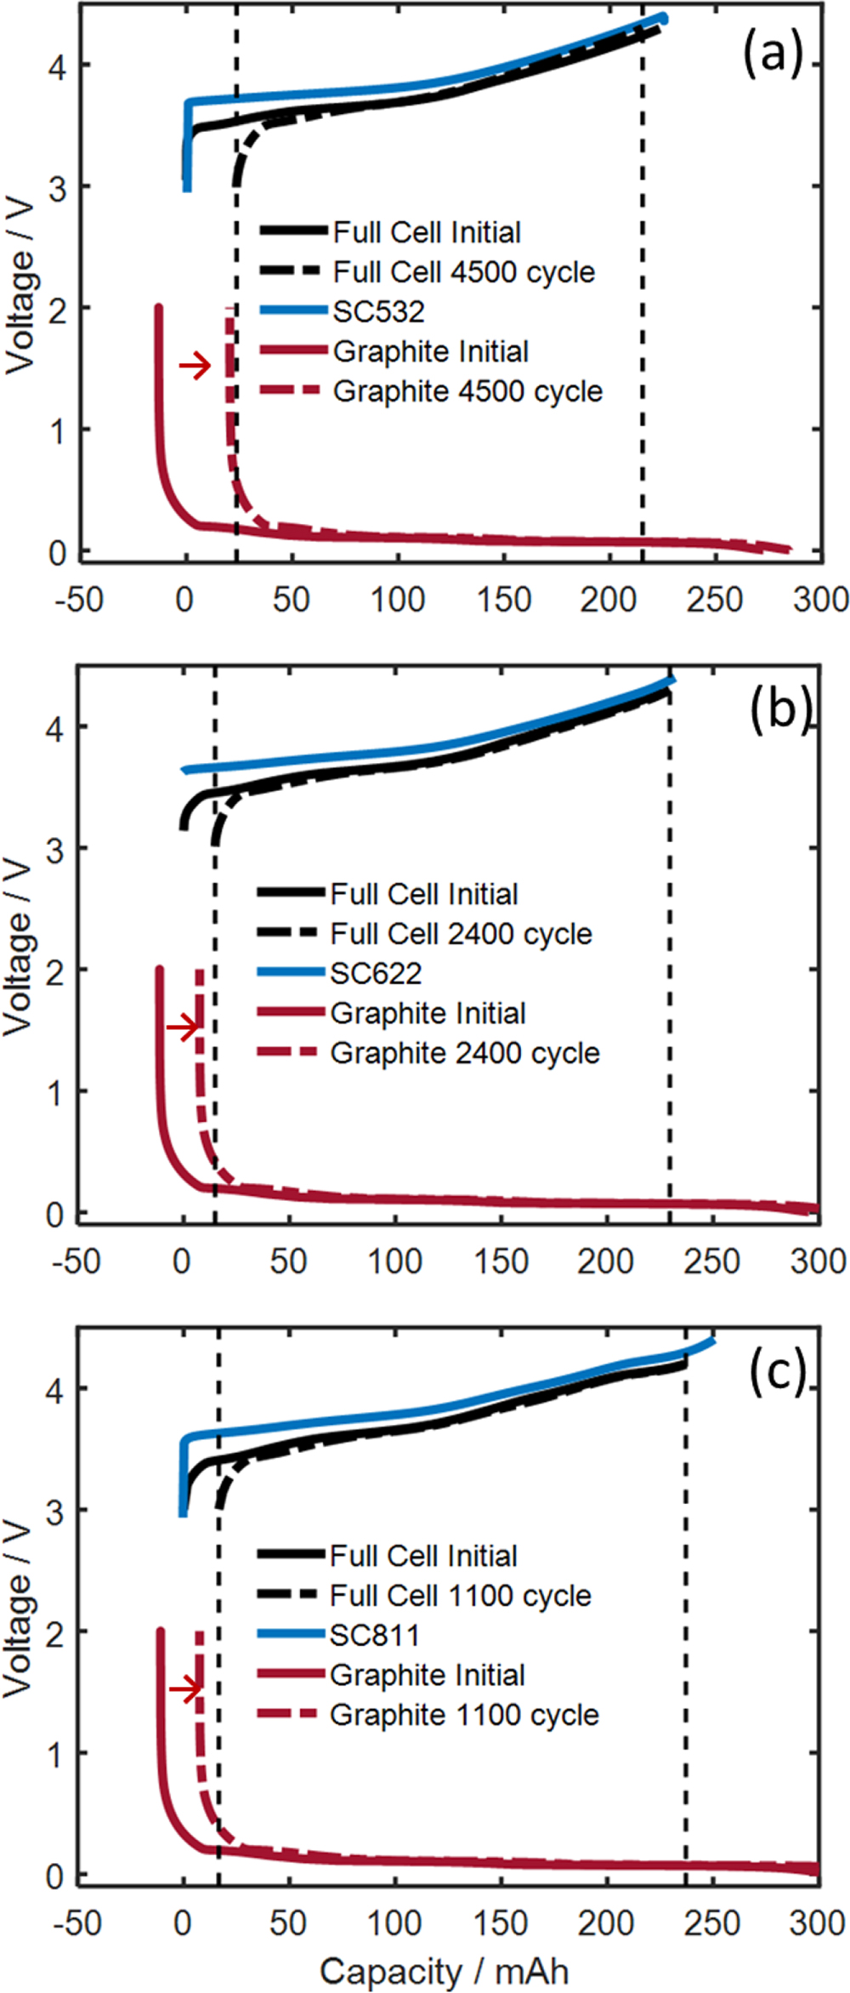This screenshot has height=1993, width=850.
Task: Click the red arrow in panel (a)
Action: pyautogui.click(x=195, y=366)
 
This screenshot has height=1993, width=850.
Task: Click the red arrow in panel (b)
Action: pyautogui.click(x=183, y=1028)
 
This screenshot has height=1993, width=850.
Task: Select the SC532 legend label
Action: pyautogui.click(x=378, y=311)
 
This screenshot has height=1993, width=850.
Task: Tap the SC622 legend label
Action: pyautogui.click(x=376, y=973)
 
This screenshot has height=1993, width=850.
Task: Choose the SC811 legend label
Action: pyautogui.click(x=375, y=1635)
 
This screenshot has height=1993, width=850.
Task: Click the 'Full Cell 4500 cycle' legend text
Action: pyautogui.click(x=464, y=272)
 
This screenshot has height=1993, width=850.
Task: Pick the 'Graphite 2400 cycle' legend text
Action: pyautogui.click(x=465, y=1053)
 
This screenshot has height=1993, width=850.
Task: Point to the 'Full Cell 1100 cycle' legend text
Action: pyautogui.click(x=461, y=1595)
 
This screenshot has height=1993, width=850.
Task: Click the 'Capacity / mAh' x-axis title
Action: pyautogui.click(x=444, y=1970)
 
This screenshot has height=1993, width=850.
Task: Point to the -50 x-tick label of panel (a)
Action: pyautogui.click(x=79, y=600)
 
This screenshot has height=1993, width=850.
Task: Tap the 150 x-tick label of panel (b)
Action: pyautogui.click(x=501, y=1261)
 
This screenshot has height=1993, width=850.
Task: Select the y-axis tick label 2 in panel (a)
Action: pyautogui.click(x=57, y=309)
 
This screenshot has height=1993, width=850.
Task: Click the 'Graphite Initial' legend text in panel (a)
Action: pyautogui.click(x=430, y=351)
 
